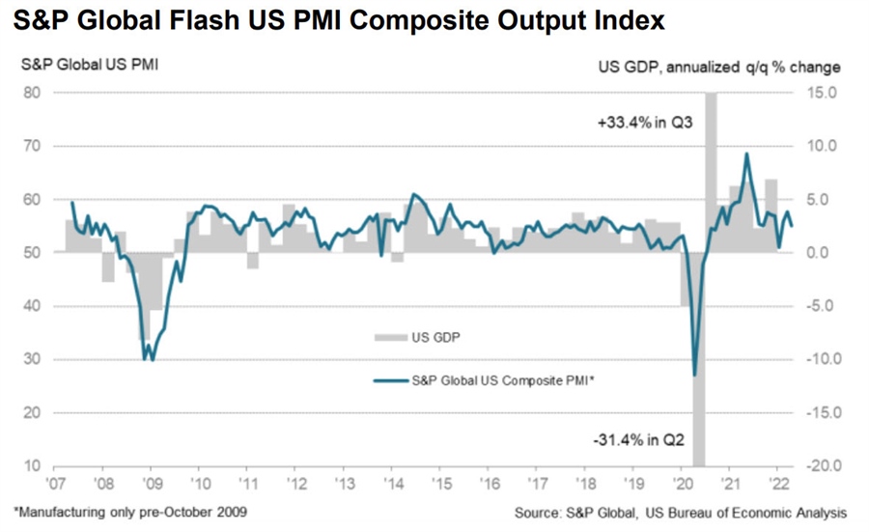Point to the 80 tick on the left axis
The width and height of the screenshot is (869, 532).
[x=32, y=94]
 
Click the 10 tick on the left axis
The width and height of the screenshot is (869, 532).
[x=32, y=466]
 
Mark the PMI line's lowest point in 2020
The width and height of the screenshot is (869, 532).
[x=694, y=375]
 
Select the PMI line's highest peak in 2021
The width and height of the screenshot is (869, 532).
[x=745, y=154]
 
